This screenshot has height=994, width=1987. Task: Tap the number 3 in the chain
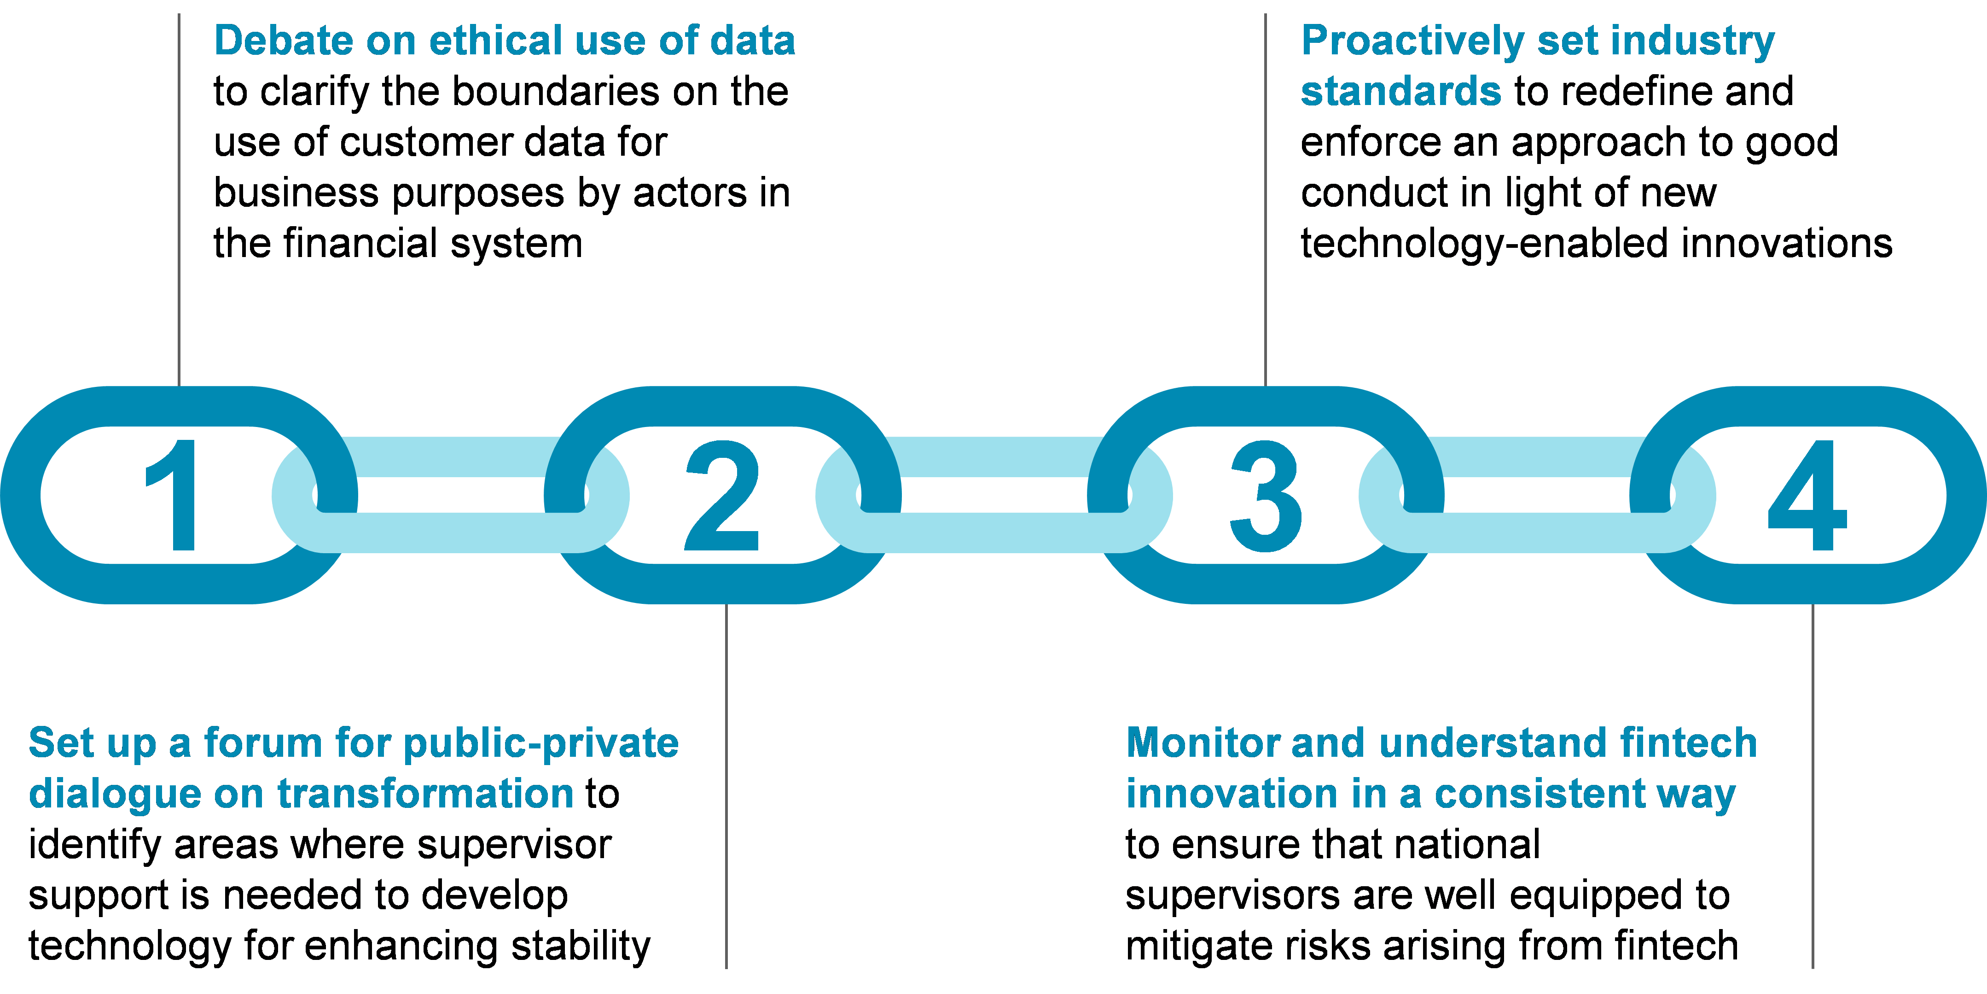tap(1266, 496)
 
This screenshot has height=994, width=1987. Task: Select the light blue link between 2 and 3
tap(994, 532)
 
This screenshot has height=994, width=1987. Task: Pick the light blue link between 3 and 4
tap(1537, 532)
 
